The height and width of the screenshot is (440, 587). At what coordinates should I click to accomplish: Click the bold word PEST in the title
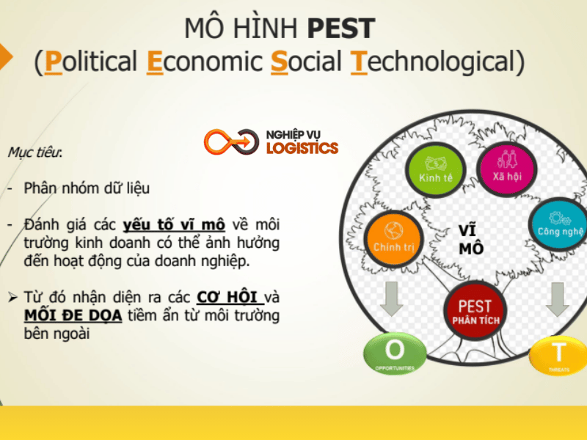coord(341,29)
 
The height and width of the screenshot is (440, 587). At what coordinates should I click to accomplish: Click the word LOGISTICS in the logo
coord(302,147)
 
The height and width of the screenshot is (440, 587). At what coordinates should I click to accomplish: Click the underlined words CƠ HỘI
coord(230,298)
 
